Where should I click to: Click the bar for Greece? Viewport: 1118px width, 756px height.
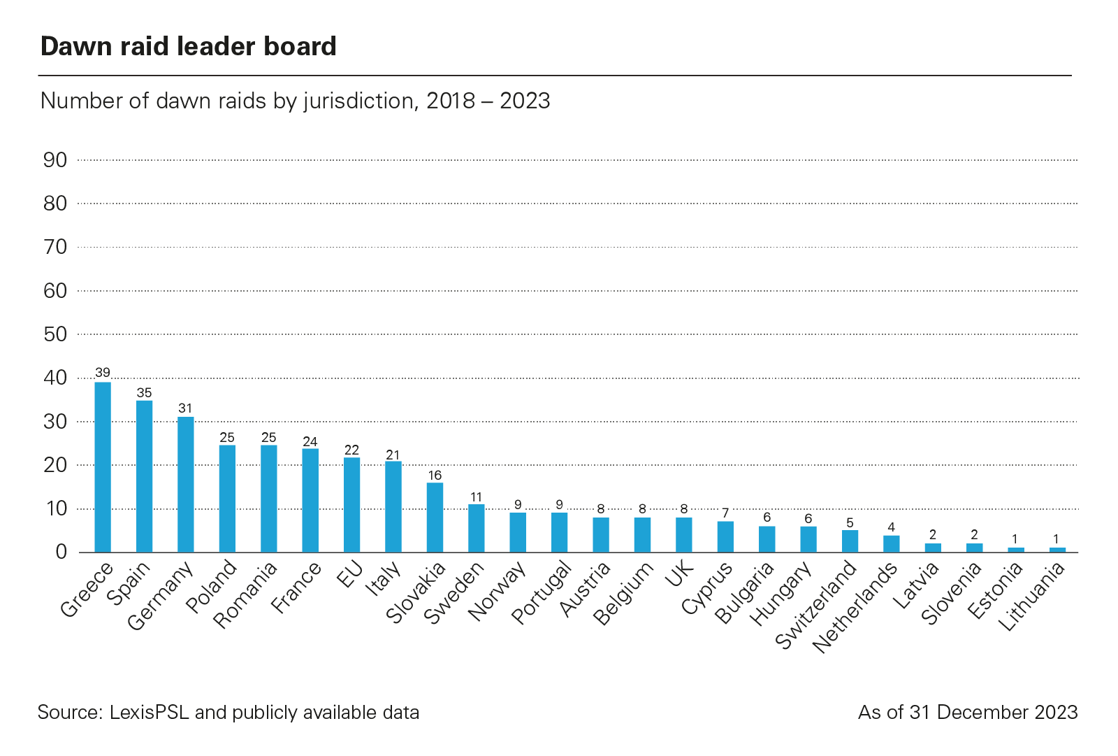pos(103,467)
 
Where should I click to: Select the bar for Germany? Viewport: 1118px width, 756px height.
pos(186,485)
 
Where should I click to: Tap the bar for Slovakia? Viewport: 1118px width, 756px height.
pos(435,518)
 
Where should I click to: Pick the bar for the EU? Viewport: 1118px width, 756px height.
pos(351,505)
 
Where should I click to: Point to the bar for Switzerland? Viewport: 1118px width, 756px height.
pos(850,541)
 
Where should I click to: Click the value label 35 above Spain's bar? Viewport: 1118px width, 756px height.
pos(144,393)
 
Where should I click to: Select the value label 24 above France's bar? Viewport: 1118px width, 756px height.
pos(310,441)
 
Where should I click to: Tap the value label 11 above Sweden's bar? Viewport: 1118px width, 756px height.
pos(476,497)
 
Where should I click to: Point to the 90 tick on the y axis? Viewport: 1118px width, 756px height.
pos(55,160)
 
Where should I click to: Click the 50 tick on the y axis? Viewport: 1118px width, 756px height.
pos(55,334)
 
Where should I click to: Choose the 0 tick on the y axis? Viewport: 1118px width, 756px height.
pos(61,552)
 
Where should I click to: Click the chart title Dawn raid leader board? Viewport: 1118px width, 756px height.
pos(189,46)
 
